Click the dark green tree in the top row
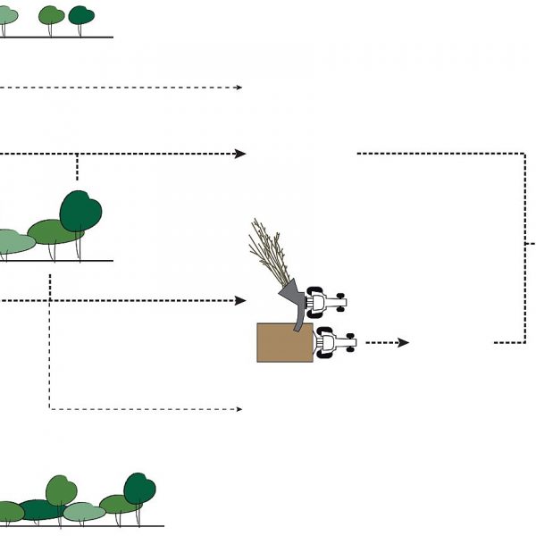81,15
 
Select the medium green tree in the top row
52,15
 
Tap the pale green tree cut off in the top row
7,16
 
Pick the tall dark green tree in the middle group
80,212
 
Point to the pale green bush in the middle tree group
13,241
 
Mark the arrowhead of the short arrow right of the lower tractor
404,342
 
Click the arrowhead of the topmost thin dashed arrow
239,88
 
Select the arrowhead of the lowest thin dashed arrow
239,409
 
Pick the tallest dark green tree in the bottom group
139,489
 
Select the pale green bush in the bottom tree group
85,512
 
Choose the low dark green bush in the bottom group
40,510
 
